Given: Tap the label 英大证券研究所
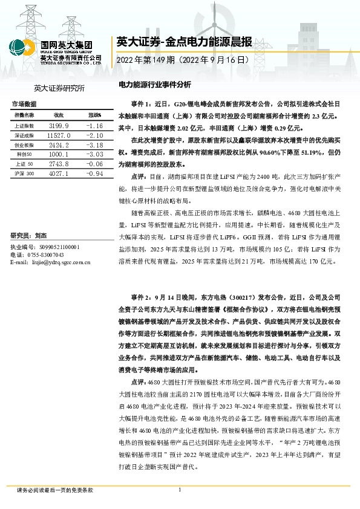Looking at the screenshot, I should pos(59,88).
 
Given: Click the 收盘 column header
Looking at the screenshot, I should pos(59,114).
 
